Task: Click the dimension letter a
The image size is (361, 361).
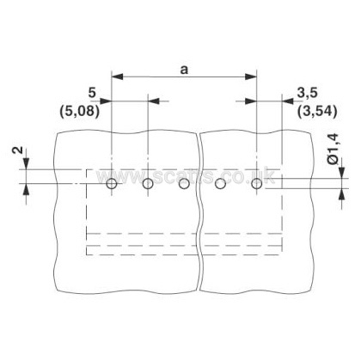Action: (184, 70)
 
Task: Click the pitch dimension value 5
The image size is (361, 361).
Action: (92, 93)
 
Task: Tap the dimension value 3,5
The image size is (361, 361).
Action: (307, 94)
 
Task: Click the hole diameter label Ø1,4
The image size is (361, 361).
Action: (333, 149)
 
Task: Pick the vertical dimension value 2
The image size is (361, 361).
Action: (19, 150)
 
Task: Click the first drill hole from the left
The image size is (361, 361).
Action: (112, 184)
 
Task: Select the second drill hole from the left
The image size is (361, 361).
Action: (148, 184)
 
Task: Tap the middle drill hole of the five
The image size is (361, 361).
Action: (184, 184)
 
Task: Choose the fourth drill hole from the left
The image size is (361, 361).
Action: (220, 184)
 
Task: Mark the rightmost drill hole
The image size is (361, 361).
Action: (256, 184)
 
